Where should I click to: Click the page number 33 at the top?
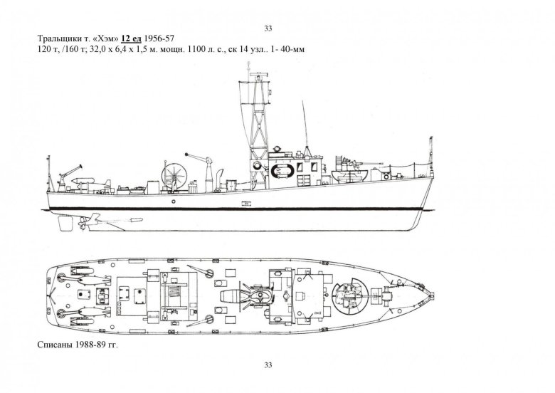pyautogui.click(x=268, y=28)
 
